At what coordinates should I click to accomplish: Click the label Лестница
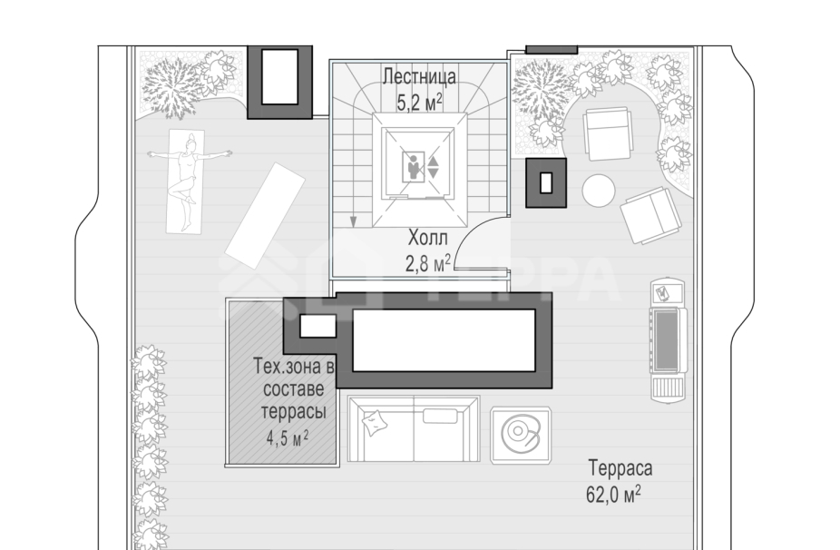pos(419,76)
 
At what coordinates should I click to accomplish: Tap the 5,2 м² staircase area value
pos(419,102)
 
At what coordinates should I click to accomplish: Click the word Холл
pos(427,238)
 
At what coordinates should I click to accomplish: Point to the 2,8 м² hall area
pos(427,262)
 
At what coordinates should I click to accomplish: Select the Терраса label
pos(620,468)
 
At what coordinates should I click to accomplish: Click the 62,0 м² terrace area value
pos(613,494)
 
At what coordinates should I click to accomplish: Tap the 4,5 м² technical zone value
pos(288,438)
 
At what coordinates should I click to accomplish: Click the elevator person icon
pos(413,166)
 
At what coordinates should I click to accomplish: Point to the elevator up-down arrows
pos(433,167)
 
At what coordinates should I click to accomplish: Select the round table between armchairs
pos(599,191)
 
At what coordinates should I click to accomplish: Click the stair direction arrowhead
pos(353,221)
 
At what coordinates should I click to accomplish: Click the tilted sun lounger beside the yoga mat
pos(266,215)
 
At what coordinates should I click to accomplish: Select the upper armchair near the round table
pos(608,133)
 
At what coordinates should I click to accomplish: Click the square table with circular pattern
pos(522,435)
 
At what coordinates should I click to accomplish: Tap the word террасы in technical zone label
pos(293,413)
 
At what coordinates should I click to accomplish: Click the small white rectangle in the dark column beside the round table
pos(546,182)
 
